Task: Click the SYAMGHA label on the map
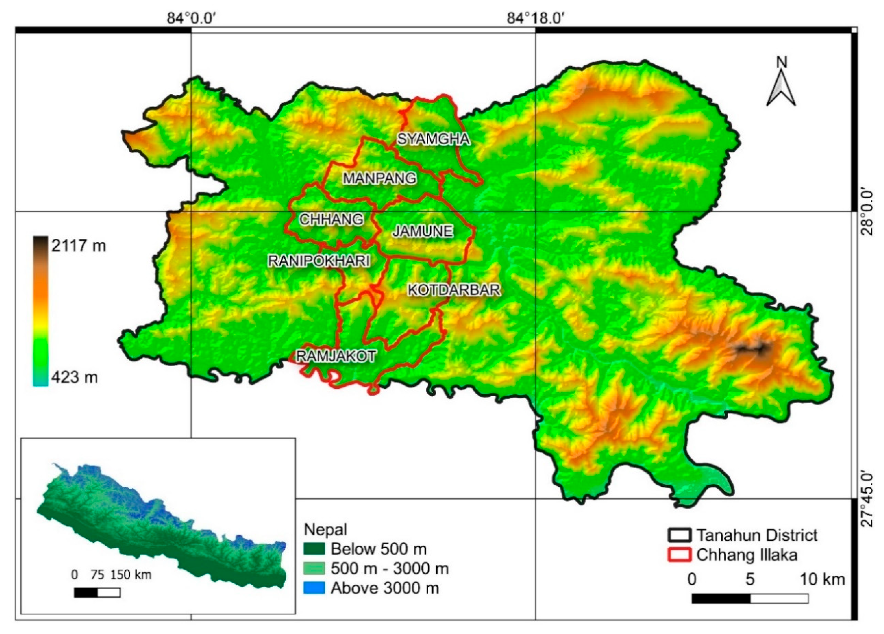433,139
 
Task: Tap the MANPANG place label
379,178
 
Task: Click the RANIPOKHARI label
319,261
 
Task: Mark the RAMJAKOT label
336,356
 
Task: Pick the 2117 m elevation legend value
78,246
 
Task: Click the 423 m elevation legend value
74,377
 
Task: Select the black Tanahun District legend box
680,535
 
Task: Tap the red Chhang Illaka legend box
680,555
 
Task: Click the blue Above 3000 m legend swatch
314,588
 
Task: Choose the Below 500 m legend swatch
314,549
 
